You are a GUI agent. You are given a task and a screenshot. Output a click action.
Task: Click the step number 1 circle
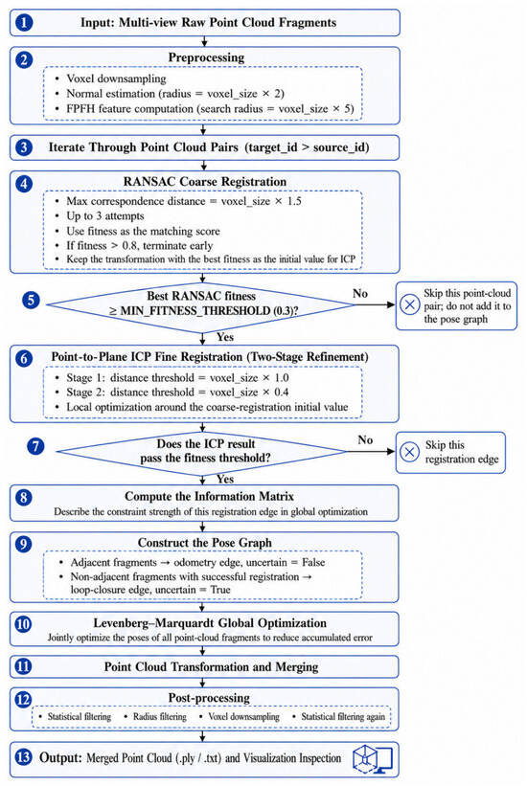24,23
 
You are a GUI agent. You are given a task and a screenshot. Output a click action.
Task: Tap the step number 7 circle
35,445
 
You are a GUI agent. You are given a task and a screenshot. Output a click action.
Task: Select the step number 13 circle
24,757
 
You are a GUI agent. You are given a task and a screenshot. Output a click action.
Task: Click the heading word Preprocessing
206,57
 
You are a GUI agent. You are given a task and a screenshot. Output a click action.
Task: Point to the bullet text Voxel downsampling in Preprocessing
116,79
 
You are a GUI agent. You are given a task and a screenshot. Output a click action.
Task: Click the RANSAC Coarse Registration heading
205,182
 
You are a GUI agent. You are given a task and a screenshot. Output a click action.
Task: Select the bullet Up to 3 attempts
104,216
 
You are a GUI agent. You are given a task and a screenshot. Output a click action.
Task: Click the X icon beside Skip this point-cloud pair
409,304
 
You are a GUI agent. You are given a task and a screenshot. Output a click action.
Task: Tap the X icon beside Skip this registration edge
409,452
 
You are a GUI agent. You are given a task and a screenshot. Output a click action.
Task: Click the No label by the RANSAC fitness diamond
360,293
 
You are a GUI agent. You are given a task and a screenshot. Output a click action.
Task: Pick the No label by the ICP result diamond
365,439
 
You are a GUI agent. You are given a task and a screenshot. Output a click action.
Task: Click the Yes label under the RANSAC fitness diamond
225,336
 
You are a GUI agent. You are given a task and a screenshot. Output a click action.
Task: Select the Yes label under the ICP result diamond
225,479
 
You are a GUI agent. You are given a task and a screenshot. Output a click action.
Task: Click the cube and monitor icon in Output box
373,758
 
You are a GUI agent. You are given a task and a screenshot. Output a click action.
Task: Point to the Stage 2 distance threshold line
177,392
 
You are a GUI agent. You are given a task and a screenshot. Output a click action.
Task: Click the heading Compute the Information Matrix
209,496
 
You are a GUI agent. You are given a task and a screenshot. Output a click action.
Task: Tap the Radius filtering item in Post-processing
160,716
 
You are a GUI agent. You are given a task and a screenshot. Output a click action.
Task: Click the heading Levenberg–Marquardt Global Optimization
210,623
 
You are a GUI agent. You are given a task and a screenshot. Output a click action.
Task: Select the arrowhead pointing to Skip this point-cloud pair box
391,304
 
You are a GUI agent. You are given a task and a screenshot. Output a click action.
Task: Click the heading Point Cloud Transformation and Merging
212,666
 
